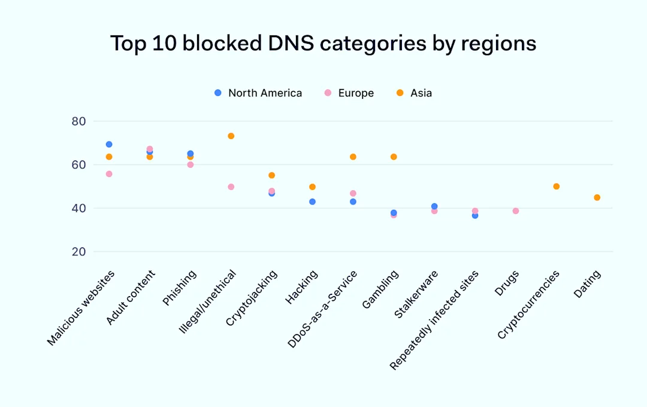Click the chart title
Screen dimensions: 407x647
(323, 44)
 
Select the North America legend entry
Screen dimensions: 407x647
(258, 93)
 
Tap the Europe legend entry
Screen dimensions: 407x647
(349, 93)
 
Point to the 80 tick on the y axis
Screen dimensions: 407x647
(79, 121)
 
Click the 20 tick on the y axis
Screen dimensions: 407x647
(79, 252)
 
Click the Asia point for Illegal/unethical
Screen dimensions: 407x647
(231, 136)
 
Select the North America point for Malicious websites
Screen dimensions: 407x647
(109, 144)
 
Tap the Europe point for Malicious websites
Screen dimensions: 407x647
(109, 174)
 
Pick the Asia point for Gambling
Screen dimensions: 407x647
(394, 157)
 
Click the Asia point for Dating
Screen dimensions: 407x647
(597, 198)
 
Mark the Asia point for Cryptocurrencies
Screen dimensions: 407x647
(556, 186)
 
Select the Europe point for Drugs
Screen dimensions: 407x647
(515, 211)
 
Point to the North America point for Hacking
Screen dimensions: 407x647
(312, 202)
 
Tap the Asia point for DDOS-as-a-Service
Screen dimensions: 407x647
(353, 157)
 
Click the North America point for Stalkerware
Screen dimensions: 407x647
(434, 206)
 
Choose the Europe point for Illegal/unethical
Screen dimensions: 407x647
(231, 187)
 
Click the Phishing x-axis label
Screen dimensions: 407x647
(180, 288)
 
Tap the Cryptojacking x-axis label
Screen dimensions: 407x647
(252, 297)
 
